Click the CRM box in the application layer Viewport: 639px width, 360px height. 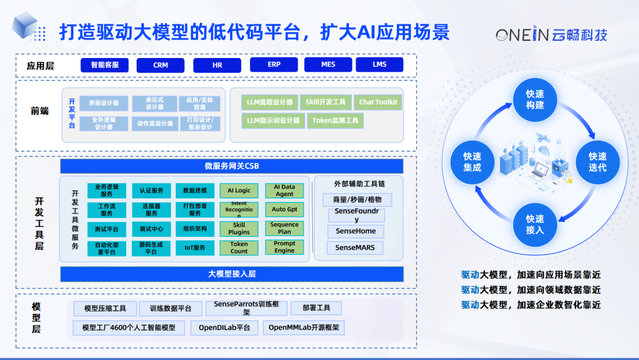(x=160, y=65)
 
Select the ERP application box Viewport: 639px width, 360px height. (x=274, y=65)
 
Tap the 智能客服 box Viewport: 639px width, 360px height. (x=104, y=65)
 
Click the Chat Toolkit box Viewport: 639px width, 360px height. (x=379, y=102)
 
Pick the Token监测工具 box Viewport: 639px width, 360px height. (x=335, y=121)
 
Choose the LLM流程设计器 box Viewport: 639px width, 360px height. (x=269, y=102)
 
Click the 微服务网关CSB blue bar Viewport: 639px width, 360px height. (x=231, y=166)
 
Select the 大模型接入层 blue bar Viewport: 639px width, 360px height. (x=231, y=274)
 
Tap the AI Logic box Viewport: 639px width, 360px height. (x=239, y=191)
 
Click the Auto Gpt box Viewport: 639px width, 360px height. (x=284, y=210)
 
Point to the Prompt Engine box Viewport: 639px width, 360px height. (x=284, y=247)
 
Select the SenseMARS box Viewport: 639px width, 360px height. (x=355, y=247)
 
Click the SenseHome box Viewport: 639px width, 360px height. (x=356, y=231)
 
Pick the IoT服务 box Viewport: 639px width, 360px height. (x=195, y=247)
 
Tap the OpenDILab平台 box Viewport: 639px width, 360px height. (x=224, y=327)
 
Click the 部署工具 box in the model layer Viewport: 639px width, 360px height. (x=316, y=308)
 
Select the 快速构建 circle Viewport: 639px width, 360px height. (x=535, y=99)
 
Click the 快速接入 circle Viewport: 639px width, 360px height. (x=535, y=224)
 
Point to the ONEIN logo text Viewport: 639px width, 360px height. (x=523, y=35)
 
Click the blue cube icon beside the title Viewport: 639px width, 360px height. (x=25, y=27)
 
